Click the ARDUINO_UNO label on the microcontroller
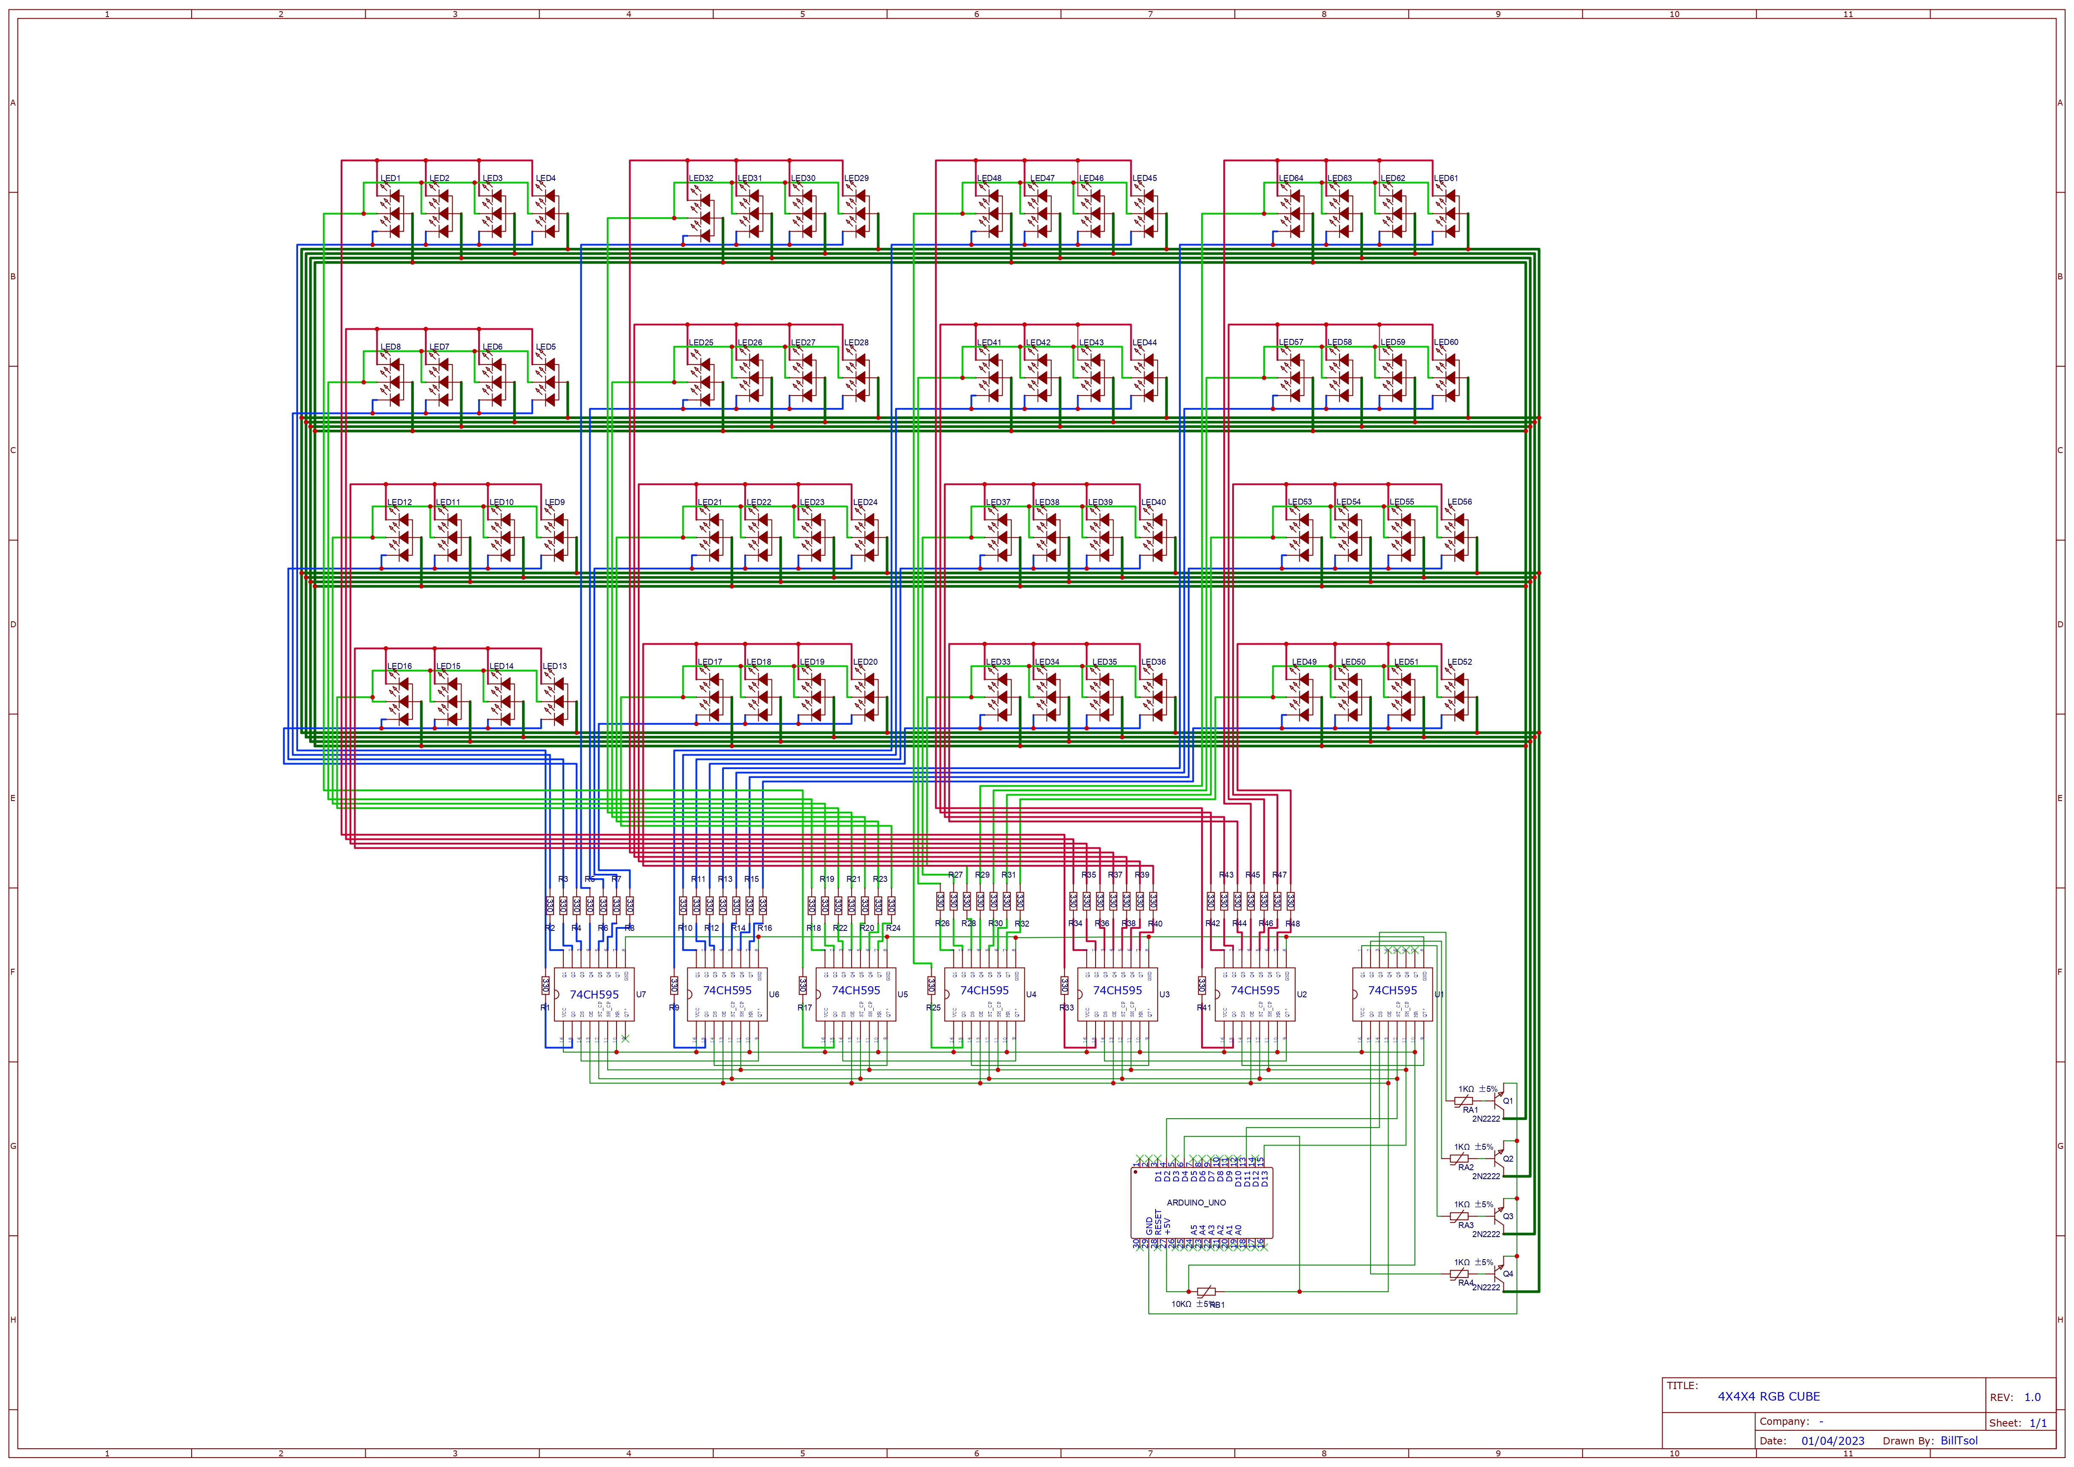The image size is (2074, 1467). tap(1196, 1202)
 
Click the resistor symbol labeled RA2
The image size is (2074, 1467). tap(1459, 1158)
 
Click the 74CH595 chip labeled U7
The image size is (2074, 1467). tap(594, 995)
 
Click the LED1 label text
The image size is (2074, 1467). tap(390, 178)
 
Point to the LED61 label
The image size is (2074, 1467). tap(1445, 178)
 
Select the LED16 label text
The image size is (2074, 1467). tap(399, 666)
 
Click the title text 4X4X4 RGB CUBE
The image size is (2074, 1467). tap(1768, 1397)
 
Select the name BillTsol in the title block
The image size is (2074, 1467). tap(1958, 1441)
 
